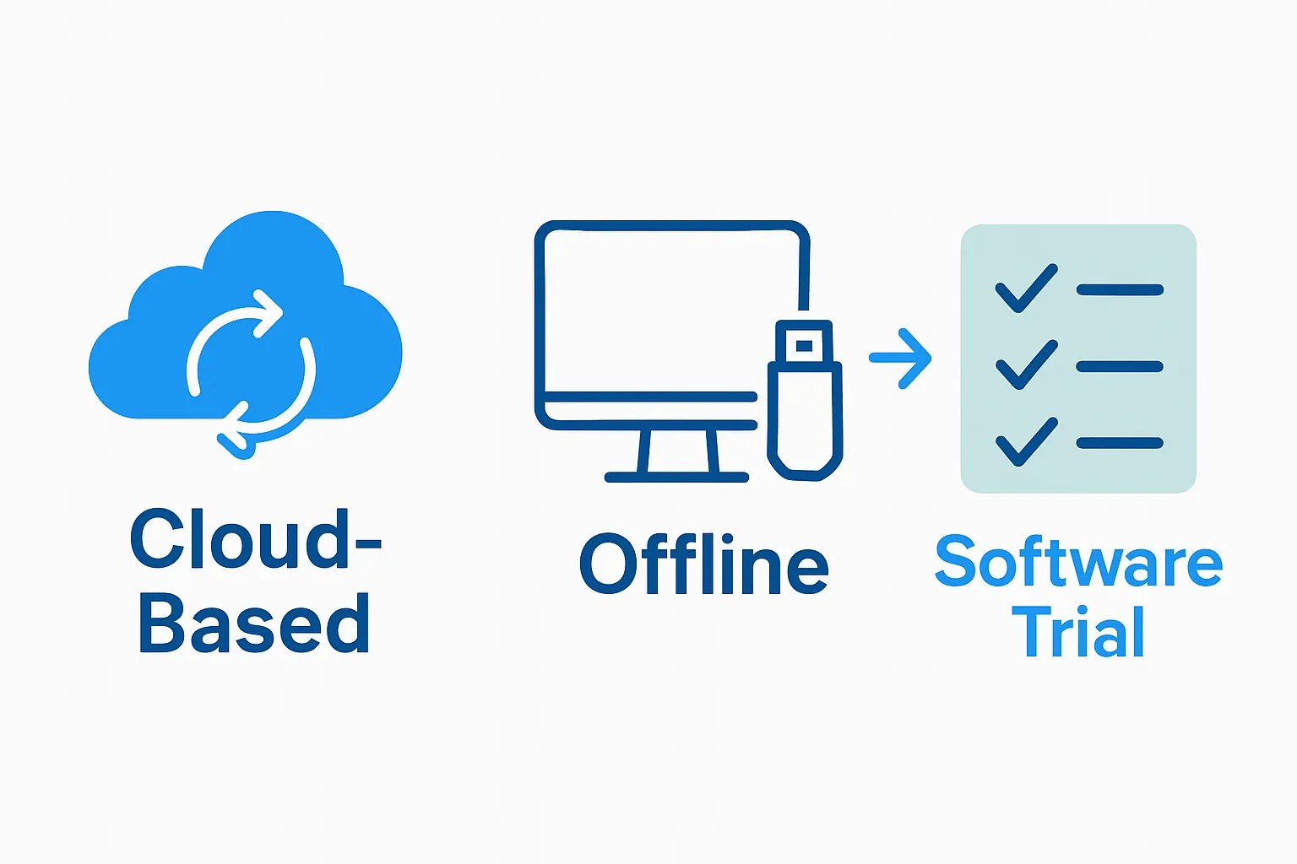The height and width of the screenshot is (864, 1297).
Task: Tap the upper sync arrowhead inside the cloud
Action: tap(269, 312)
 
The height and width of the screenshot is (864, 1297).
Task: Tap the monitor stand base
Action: tap(676, 477)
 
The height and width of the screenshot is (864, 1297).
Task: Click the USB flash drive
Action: tap(805, 405)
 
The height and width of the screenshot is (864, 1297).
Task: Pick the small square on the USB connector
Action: tap(804, 345)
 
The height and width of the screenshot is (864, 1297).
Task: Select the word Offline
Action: tap(703, 564)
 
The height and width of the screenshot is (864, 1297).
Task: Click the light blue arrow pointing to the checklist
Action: tap(901, 359)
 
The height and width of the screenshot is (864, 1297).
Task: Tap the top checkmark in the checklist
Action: tap(1026, 289)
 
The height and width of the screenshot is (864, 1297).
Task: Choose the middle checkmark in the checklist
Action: tap(1026, 364)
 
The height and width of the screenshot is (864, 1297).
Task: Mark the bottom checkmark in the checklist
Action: tap(1026, 441)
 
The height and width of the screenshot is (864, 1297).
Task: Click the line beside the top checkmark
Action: tap(1120, 289)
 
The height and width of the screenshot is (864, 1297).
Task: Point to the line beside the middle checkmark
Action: tap(1120, 366)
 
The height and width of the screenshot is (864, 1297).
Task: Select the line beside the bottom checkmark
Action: tap(1120, 443)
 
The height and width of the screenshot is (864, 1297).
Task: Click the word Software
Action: tap(1078, 562)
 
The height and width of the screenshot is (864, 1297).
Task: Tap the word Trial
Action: tap(1078, 632)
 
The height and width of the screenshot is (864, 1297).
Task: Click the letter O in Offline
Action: tap(609, 564)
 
